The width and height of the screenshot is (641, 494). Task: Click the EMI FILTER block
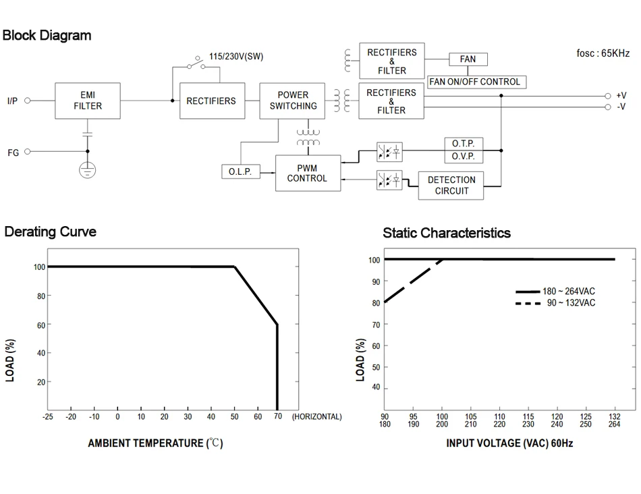(x=88, y=101)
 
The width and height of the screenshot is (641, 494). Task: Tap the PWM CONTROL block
(x=307, y=173)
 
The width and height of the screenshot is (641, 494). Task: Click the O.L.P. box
(x=240, y=172)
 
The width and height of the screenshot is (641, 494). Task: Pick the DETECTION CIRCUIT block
(x=451, y=186)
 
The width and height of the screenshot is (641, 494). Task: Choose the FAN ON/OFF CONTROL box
(x=476, y=82)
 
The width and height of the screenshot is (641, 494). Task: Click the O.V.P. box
(x=463, y=157)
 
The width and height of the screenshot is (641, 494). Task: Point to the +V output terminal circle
(x=607, y=96)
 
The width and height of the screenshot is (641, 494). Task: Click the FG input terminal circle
(x=28, y=152)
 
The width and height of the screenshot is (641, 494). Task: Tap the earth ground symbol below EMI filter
(x=87, y=170)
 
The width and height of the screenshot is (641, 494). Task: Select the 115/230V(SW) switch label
(x=235, y=57)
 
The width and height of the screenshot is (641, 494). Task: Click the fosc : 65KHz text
(x=603, y=53)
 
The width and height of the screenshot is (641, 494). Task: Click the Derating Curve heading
(x=51, y=232)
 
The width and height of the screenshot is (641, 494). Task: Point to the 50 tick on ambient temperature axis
(x=235, y=417)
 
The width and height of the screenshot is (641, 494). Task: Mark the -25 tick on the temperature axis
(x=47, y=417)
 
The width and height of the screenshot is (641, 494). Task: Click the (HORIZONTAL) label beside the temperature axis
(x=316, y=417)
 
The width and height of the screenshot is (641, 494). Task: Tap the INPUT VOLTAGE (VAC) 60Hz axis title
(x=509, y=443)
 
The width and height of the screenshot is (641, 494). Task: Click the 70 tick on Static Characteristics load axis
(x=376, y=325)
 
